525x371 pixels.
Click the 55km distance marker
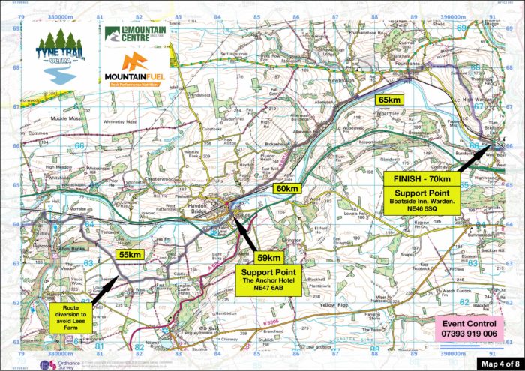click(130, 255)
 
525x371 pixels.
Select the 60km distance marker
click(286, 189)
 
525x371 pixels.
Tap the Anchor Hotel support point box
click(268, 277)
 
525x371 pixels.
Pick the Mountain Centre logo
click(135, 34)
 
